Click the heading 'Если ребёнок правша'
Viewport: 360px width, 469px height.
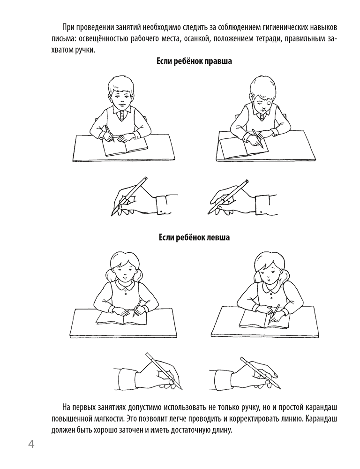[x=195, y=61]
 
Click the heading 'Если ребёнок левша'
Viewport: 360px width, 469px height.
[x=195, y=238]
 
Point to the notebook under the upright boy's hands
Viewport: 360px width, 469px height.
[x=125, y=147]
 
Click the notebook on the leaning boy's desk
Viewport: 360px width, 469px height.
[x=243, y=148]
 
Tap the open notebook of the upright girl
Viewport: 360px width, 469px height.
[x=121, y=318]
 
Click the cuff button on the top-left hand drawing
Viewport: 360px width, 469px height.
[x=162, y=212]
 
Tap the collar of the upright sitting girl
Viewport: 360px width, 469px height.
[x=123, y=286]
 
